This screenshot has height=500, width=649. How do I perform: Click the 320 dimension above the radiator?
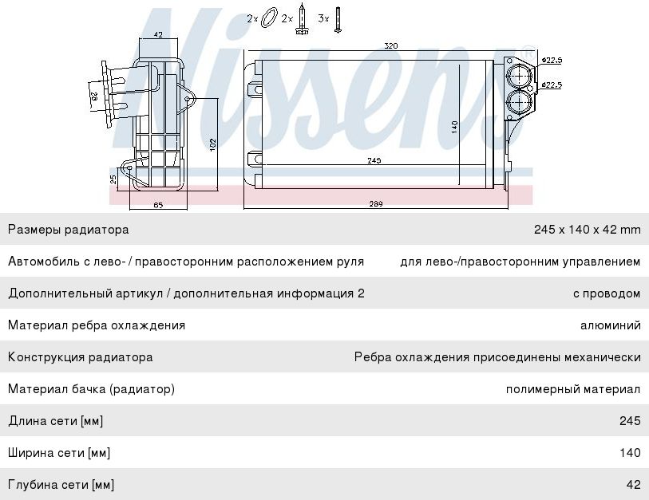[x=390, y=46]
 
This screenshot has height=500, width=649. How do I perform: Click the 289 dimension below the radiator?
[x=376, y=204]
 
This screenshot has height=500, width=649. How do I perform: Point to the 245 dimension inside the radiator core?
[x=374, y=160]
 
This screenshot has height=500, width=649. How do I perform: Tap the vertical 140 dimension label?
[x=454, y=126]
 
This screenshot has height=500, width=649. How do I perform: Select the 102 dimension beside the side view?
[x=212, y=144]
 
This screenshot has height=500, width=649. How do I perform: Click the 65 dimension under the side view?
[x=158, y=206]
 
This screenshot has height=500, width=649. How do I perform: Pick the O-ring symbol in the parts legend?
[x=269, y=18]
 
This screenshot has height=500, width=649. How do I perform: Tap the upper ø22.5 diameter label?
[x=552, y=60]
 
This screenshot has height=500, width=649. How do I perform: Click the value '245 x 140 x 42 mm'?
[x=587, y=230]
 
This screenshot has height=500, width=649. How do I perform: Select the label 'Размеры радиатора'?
[x=68, y=230]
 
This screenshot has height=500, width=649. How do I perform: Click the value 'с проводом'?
[x=607, y=293]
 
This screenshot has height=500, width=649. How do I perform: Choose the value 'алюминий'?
[x=611, y=325]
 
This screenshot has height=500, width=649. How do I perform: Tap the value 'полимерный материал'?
[x=573, y=389]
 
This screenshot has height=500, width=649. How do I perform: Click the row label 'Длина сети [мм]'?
[x=56, y=421]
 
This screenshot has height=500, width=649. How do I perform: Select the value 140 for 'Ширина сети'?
[x=631, y=453]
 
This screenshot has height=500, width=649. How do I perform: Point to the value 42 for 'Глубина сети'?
[x=633, y=485]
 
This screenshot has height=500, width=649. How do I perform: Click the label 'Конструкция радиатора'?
[x=81, y=357]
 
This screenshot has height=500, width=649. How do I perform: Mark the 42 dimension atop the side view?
[x=157, y=35]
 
